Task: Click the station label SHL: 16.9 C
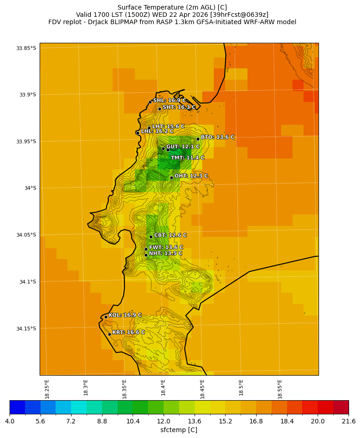170,101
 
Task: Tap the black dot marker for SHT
159,108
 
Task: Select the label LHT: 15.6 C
168,127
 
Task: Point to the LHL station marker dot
138,133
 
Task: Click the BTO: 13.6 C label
217,137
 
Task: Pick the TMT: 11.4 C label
187,158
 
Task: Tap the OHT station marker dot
171,178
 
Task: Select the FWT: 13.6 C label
166,248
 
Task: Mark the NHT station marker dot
146,255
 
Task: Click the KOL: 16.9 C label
125,315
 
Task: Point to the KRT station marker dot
109,334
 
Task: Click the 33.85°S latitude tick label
26,48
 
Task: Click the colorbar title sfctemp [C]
179,430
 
